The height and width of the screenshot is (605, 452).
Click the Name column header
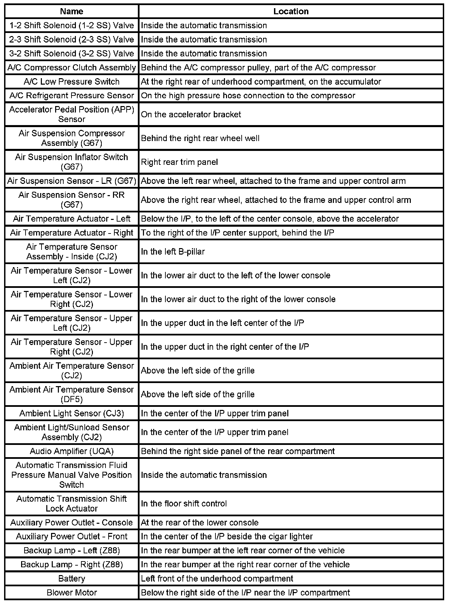71,11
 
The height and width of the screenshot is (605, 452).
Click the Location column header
291,11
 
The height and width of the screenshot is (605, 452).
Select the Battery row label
71,578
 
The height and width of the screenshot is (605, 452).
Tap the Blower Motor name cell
71,592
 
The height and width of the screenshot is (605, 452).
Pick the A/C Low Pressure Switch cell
71,82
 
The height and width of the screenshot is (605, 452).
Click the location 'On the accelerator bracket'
191,115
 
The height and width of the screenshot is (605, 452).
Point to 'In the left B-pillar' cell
173,252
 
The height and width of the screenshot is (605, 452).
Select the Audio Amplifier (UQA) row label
71,451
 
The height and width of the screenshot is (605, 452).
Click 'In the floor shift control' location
184,503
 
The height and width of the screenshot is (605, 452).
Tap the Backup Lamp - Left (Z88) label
71,550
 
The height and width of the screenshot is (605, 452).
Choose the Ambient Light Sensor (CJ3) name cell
71,413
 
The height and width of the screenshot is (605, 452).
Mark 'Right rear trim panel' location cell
179,162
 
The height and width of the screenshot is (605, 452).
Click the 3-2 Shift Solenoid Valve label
71,53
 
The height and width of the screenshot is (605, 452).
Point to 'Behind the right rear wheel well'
200,138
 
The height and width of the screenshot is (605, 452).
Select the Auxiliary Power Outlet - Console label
71,522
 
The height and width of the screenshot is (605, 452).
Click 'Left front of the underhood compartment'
217,578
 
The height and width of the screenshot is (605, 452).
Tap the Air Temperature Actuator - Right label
71,233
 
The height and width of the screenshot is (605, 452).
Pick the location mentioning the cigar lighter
227,536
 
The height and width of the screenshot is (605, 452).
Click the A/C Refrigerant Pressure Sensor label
71,96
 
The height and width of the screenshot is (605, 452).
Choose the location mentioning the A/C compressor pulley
258,68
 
